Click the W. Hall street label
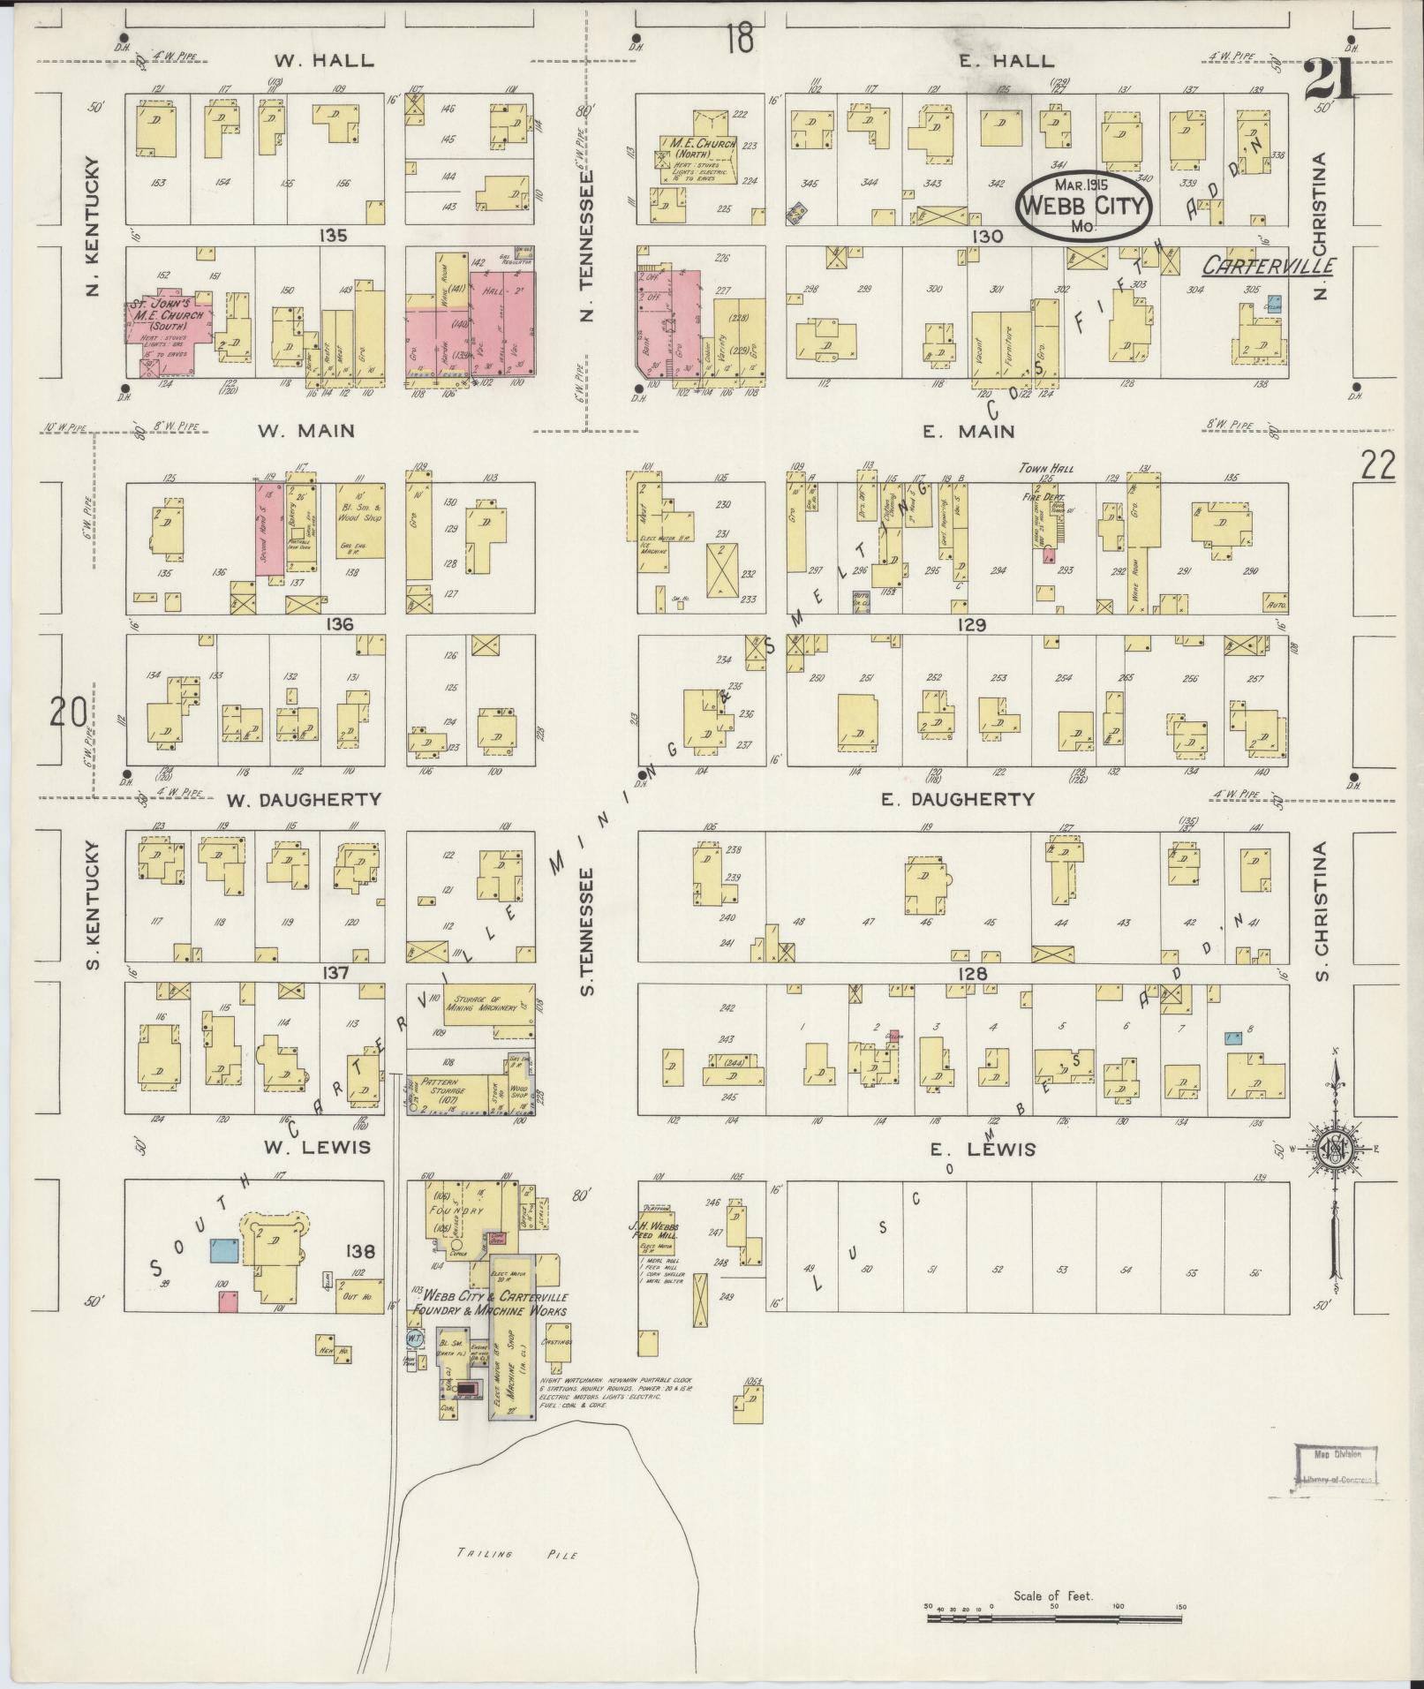click(x=323, y=61)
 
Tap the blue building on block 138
click(x=222, y=1249)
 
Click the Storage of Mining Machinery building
click(x=488, y=1004)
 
